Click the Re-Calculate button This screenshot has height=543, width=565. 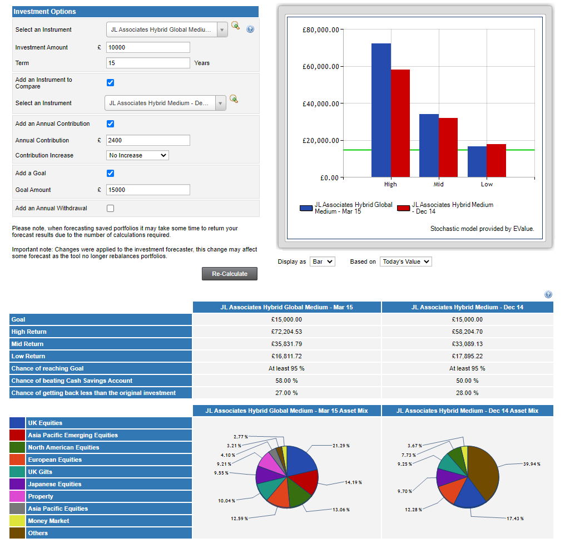(x=229, y=274)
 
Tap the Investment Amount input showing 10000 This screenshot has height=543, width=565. (x=148, y=47)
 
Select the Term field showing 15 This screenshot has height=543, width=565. (x=148, y=63)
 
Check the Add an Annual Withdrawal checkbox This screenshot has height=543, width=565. (x=110, y=208)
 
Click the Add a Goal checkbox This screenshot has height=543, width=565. (x=110, y=173)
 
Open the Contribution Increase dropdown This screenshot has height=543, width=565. (x=137, y=155)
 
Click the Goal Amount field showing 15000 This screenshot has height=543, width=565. (x=148, y=190)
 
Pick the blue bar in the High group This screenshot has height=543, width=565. (x=381, y=110)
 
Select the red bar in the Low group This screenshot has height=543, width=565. (x=496, y=161)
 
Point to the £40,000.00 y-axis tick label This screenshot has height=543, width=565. (x=320, y=103)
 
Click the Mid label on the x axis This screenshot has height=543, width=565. (x=439, y=184)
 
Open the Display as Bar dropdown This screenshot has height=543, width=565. (x=323, y=261)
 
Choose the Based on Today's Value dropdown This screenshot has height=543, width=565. (x=406, y=261)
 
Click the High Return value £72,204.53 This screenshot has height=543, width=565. (x=286, y=332)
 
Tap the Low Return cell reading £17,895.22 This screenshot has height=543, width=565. (x=467, y=356)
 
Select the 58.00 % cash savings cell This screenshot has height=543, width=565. (x=286, y=381)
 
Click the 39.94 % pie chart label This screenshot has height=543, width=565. (x=531, y=463)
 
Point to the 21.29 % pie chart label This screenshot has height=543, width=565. (x=341, y=446)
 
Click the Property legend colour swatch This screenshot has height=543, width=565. (x=17, y=496)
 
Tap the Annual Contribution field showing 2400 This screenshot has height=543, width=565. (x=148, y=140)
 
